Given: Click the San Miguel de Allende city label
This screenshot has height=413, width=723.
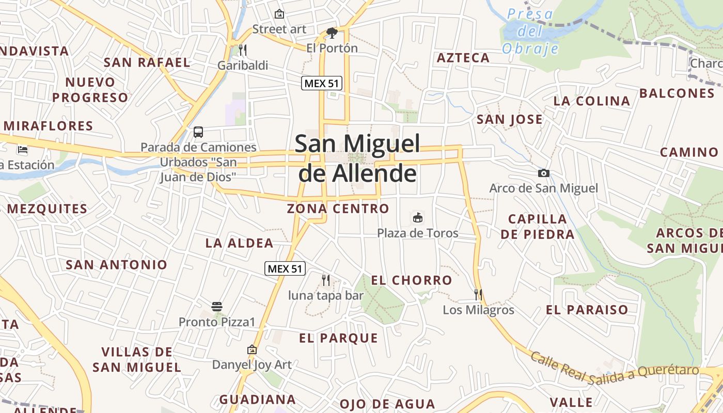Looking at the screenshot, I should tap(357, 158).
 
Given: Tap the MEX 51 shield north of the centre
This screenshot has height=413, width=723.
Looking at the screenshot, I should tap(322, 83).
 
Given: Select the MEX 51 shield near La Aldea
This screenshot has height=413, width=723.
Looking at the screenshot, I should tap(285, 268).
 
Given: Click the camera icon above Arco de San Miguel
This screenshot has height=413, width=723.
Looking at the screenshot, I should tap(543, 173).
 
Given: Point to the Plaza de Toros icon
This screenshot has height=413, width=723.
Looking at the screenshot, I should tap(417, 218).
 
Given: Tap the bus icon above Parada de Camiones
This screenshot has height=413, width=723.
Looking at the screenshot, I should tap(198, 132).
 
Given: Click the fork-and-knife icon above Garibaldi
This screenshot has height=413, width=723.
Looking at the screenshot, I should tap(242, 50).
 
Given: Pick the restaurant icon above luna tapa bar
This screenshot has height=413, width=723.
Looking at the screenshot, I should tap(326, 280).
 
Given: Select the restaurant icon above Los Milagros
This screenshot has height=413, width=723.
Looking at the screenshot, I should tap(478, 295).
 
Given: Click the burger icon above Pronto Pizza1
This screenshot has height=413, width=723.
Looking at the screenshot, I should tap(217, 307).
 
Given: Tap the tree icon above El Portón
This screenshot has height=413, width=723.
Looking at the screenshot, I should tap(332, 34).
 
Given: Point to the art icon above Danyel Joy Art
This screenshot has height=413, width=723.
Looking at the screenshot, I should tap(252, 350).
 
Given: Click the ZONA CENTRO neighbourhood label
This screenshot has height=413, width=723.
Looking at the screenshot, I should tap(338, 209).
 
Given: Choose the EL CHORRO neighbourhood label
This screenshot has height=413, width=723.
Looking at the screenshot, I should tap(412, 280).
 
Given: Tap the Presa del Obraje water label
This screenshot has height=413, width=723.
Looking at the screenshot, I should tap(530, 31).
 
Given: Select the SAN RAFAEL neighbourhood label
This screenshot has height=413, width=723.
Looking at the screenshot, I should tap(147, 63).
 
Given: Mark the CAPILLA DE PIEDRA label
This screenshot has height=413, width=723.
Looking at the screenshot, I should tap(537, 227).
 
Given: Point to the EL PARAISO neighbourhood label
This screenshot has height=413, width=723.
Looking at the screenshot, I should tap(587, 310).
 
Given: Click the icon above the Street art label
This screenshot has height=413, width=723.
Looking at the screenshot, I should tap(279, 14).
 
